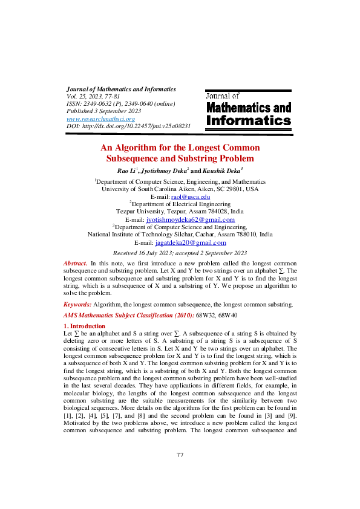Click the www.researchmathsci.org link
[100, 119]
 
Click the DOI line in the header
[128, 126]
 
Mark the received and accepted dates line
[180, 253]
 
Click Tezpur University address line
[180, 212]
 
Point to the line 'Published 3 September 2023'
[103, 111]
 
